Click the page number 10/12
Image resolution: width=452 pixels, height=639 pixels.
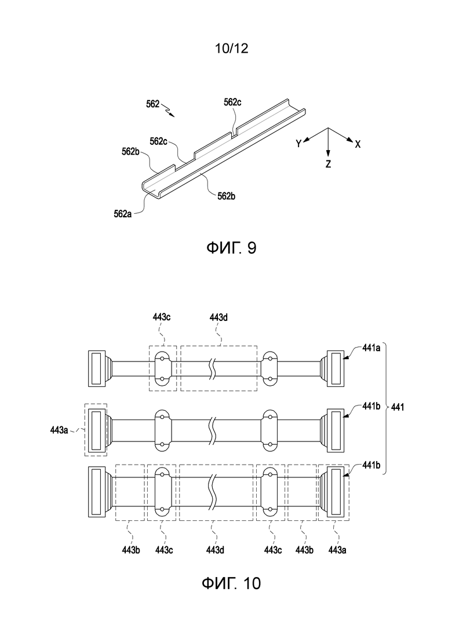[x=231, y=49]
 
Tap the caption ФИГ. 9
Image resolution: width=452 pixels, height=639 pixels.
[x=231, y=248]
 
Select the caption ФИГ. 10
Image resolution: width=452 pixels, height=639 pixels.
[x=231, y=583]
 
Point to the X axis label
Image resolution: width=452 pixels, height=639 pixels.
[x=358, y=144]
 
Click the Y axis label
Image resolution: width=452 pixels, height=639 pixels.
[x=299, y=144]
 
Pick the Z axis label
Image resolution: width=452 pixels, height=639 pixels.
[x=328, y=164]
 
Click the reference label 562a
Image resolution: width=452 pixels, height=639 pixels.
[x=123, y=214]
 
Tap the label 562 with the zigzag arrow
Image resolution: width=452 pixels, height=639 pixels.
[x=153, y=104]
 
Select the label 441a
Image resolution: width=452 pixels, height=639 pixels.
[x=371, y=348]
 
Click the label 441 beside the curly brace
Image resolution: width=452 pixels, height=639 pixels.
[x=398, y=407]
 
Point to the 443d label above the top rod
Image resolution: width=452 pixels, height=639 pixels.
[x=219, y=317]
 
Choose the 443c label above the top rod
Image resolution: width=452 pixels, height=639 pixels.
[x=162, y=317]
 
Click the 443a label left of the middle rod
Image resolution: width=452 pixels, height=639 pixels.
[x=59, y=429]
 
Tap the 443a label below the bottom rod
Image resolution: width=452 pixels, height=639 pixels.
[x=337, y=550]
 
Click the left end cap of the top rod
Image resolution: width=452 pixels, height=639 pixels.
[x=97, y=368]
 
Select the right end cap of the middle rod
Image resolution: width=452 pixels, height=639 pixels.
[x=337, y=431]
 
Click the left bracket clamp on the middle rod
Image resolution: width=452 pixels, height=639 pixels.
[x=162, y=430]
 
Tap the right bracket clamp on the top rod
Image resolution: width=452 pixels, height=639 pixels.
[x=269, y=368]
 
